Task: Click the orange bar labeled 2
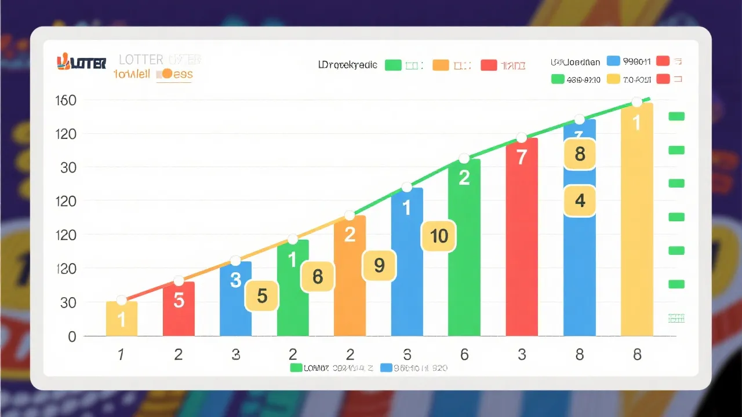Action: pos(350,278)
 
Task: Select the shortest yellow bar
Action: pos(122,319)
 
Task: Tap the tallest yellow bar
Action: pos(636,220)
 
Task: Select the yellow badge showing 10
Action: pos(439,236)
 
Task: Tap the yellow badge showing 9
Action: pos(379,265)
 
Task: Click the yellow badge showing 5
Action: pos(262,296)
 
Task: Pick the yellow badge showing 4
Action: pos(580,201)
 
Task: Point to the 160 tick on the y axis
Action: pos(66,101)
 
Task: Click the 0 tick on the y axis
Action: pos(72,336)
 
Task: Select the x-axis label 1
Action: pos(121,355)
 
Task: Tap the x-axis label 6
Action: pos(464,355)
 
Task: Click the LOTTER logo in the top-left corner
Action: pos(81,63)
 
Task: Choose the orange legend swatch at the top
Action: pos(441,65)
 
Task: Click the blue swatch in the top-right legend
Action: pos(613,61)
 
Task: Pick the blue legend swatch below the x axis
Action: pos(387,368)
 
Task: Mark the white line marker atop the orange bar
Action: pos(350,215)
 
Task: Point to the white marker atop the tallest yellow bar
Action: pos(636,102)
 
